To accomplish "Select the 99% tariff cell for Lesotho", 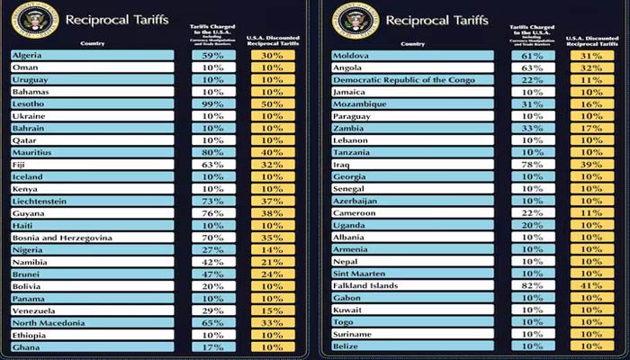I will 213,104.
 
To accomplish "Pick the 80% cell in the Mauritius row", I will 213,152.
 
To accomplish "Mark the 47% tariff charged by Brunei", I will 213,274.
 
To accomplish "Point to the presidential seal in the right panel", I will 349,18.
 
